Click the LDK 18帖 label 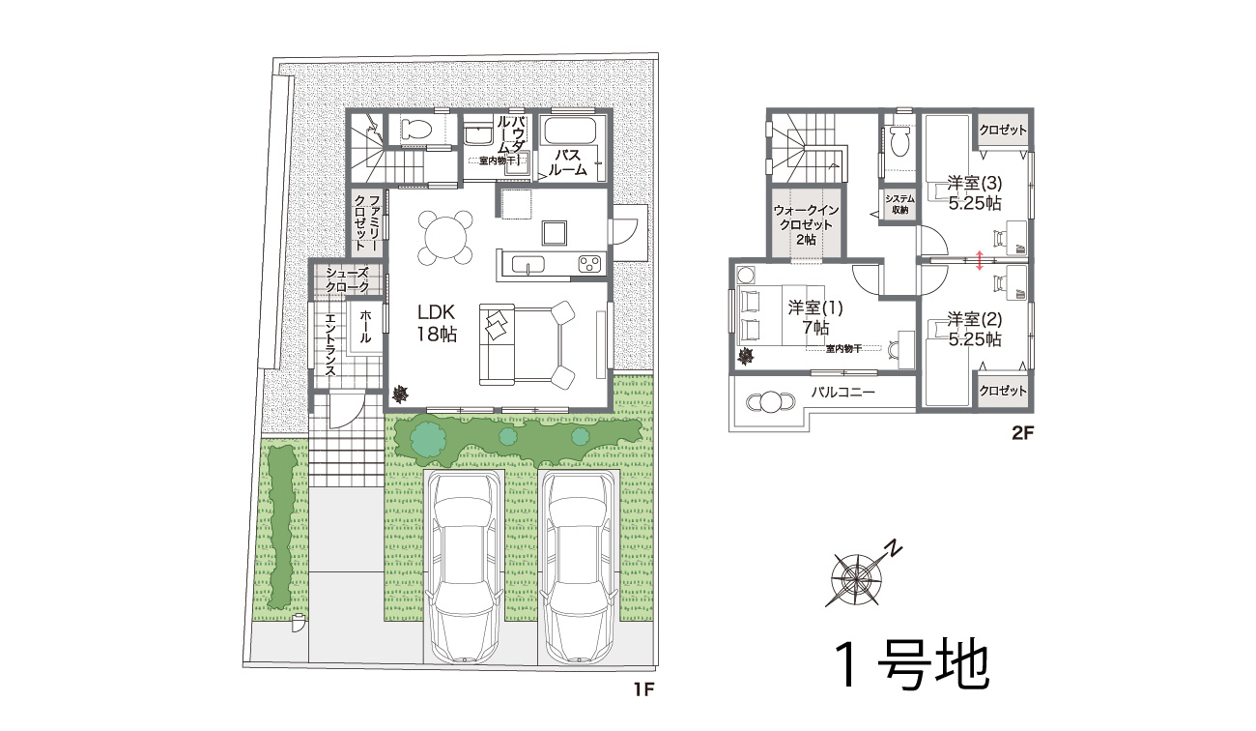(437, 323)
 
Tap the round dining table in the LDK (445, 238)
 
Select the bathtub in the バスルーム (568, 132)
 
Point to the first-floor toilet (416, 130)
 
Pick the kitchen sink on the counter (528, 264)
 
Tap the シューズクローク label (348, 280)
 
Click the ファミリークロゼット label (367, 222)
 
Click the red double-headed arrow (979, 260)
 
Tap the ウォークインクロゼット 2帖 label (806, 225)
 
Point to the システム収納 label (899, 204)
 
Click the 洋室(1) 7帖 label (815, 317)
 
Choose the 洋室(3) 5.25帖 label (975, 193)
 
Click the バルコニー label (842, 392)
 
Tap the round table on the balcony (770, 401)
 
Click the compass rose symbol (856, 578)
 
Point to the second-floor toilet (899, 139)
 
